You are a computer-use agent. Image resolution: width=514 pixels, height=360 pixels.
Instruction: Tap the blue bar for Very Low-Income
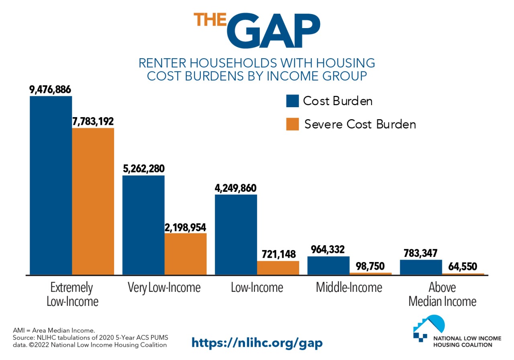point(143,225)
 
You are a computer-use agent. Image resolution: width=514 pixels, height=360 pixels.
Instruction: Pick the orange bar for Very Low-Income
point(186,254)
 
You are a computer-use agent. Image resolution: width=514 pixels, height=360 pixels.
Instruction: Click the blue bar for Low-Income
point(236,235)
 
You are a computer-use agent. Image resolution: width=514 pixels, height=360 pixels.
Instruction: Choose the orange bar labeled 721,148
point(278,268)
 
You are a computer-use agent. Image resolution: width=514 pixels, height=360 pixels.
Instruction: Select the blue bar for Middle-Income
point(328,265)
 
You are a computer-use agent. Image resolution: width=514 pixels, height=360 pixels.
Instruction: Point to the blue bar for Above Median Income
point(421,267)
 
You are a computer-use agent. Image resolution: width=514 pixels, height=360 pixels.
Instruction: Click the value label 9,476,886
point(51,89)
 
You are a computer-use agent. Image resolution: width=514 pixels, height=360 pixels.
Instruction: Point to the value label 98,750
point(370,266)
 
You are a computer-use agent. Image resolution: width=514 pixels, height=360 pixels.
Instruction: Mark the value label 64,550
point(463,266)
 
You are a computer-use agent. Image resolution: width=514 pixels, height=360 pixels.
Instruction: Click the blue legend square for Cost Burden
point(292,101)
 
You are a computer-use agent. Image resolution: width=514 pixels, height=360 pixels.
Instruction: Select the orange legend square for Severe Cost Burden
point(292,124)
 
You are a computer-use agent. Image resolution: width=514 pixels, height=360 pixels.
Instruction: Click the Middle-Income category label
point(349,287)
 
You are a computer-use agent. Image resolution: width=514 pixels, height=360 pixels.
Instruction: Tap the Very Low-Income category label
point(164,287)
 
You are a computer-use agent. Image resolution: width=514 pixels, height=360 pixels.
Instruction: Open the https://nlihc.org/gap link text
point(257,342)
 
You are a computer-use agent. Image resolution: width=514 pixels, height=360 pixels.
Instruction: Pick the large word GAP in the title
point(273,30)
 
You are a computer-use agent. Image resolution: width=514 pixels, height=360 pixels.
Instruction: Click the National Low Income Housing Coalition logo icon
point(429,327)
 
